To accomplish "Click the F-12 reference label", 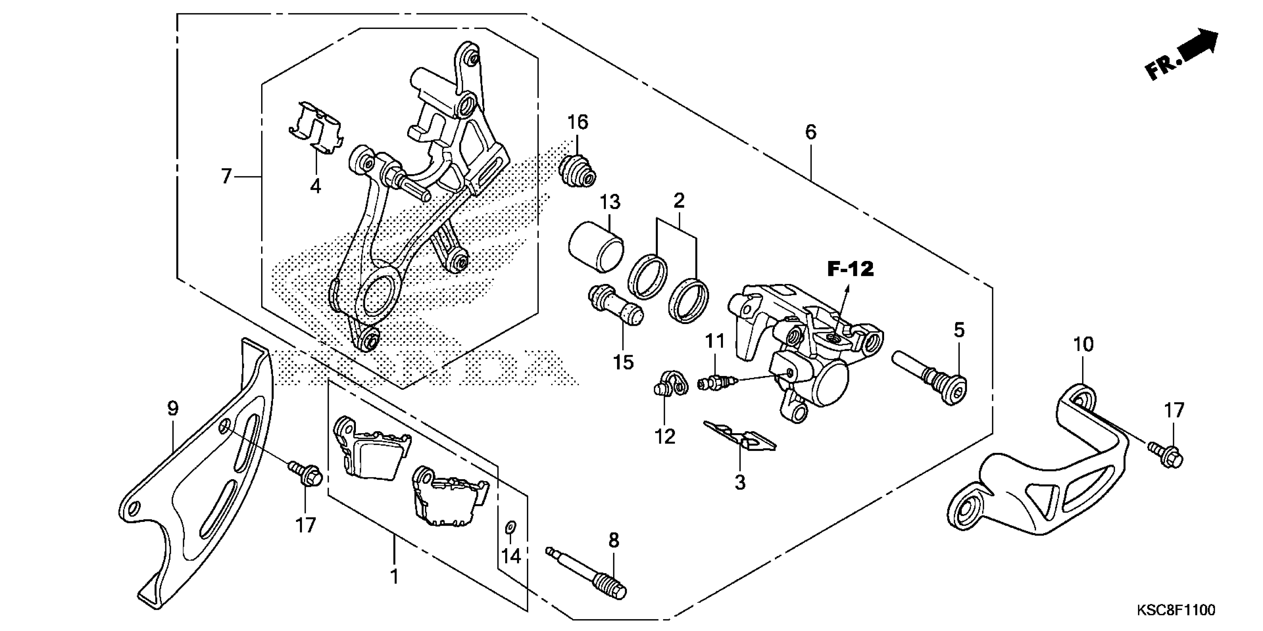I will [851, 269].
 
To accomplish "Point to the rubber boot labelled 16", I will [578, 171].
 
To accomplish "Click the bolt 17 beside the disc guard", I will [305, 474].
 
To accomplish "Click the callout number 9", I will [173, 408].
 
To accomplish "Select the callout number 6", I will [811, 132].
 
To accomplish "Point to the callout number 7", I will [225, 176].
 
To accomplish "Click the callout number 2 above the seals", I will [679, 200].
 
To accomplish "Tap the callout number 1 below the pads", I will [394, 577].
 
